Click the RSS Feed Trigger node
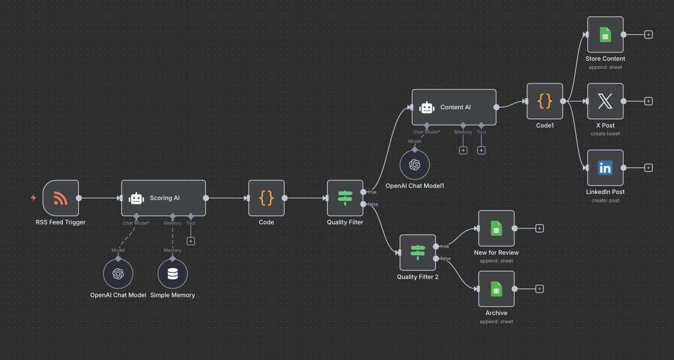[60, 198]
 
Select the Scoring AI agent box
[163, 198]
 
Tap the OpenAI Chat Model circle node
[118, 274]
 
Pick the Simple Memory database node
[172, 274]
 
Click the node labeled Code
[266, 198]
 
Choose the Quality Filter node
[345, 198]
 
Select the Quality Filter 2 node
[417, 253]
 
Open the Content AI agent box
[454, 107]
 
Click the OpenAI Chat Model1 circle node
[415, 164]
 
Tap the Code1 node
[545, 101]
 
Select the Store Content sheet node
[605, 34]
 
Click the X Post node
[605, 101]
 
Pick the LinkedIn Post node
[605, 167]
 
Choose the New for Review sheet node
[496, 228]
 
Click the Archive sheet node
[496, 289]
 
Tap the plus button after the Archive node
[539, 289]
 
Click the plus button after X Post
[648, 101]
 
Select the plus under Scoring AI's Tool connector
[191, 241]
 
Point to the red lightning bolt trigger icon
[34, 198]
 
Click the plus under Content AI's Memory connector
[463, 150]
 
